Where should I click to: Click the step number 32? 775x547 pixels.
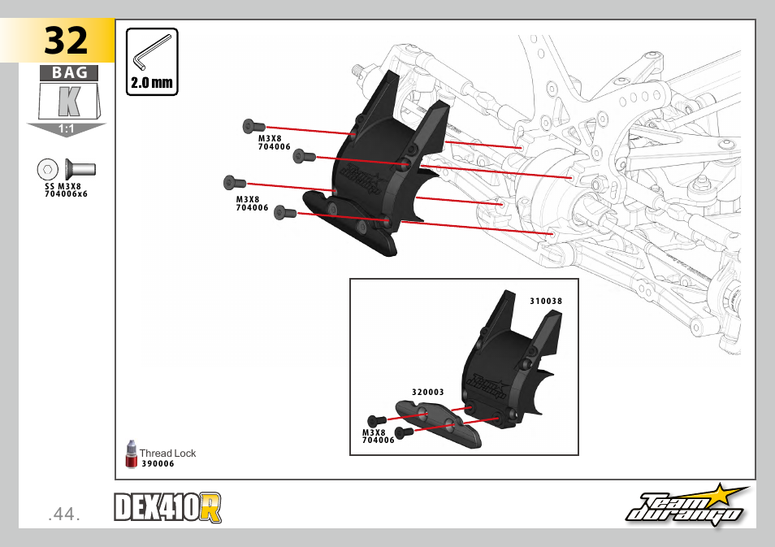coord(66,40)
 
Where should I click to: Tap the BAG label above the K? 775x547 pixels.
coord(69,73)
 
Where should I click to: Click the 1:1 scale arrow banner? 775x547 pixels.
coord(67,129)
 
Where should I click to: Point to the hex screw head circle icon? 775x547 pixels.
coord(48,170)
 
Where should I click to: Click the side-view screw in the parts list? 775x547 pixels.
coord(80,170)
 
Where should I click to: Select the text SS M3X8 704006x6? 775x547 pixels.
coord(66,191)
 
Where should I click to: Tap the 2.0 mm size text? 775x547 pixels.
coord(152,83)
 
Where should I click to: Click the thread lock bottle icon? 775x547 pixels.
coord(131,455)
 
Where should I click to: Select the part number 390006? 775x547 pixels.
coord(158,464)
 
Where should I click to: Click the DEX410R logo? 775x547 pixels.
coord(167,509)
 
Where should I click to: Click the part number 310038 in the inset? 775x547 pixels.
coord(546,301)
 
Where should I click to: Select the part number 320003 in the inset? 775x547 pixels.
coord(427,392)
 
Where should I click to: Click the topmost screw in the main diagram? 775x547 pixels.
coord(253,126)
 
